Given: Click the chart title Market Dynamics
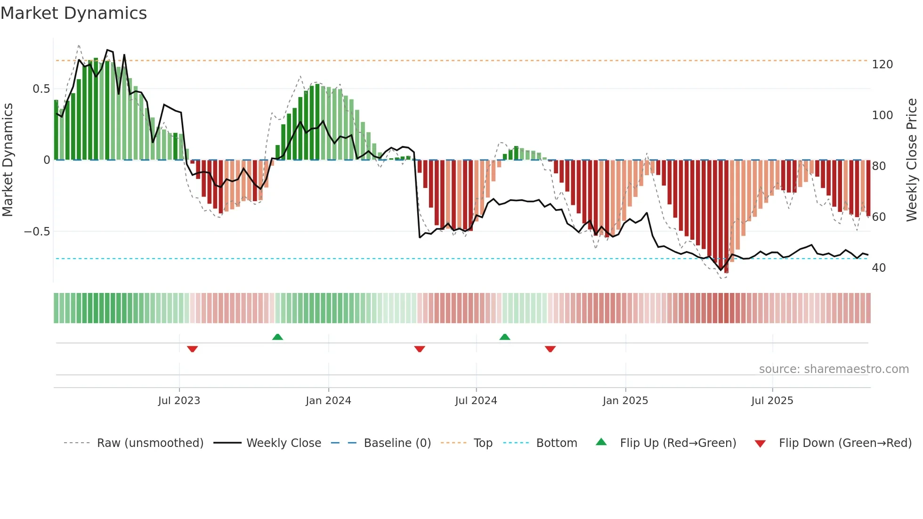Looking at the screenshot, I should [74, 13].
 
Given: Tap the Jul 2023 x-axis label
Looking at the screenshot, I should [179, 401].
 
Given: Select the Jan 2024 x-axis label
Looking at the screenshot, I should [328, 401].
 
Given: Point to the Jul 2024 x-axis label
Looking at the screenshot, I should [476, 401].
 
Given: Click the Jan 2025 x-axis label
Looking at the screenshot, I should [625, 401].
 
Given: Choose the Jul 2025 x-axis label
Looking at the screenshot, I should [772, 401].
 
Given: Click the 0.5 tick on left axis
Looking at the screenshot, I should [41, 89].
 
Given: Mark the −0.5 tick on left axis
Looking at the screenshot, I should [37, 232].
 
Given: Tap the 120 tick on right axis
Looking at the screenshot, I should [882, 65].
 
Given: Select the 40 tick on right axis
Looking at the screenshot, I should [879, 268].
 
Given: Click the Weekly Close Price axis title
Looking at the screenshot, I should [912, 160].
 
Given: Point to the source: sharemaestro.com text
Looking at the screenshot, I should [834, 369].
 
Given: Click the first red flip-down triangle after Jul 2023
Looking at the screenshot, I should [192, 349].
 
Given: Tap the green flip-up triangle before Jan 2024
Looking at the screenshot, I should [277, 337].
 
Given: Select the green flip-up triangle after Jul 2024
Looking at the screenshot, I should [505, 337].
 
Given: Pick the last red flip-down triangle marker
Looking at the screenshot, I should [550, 349].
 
